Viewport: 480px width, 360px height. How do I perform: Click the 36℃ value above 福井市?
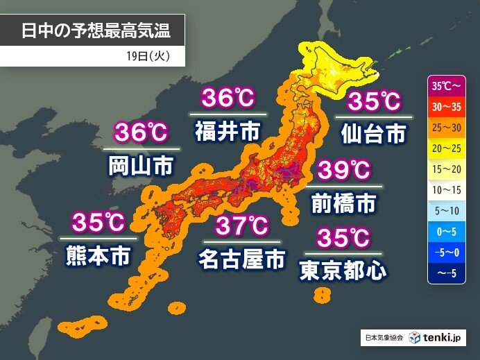[x=228, y=99]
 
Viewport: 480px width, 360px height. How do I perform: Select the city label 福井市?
[x=228, y=130]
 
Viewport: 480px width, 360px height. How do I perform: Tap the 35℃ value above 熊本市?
[x=98, y=223]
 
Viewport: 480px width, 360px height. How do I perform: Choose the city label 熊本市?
[x=99, y=256]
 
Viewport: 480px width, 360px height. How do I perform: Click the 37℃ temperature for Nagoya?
[x=241, y=226]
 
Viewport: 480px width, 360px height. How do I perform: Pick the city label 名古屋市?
[x=241, y=259]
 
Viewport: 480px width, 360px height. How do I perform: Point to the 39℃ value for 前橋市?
[x=345, y=170]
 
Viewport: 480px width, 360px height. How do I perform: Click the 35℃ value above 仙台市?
[x=373, y=101]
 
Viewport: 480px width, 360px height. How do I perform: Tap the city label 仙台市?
[x=373, y=133]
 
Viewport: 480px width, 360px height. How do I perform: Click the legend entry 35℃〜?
[x=445, y=87]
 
